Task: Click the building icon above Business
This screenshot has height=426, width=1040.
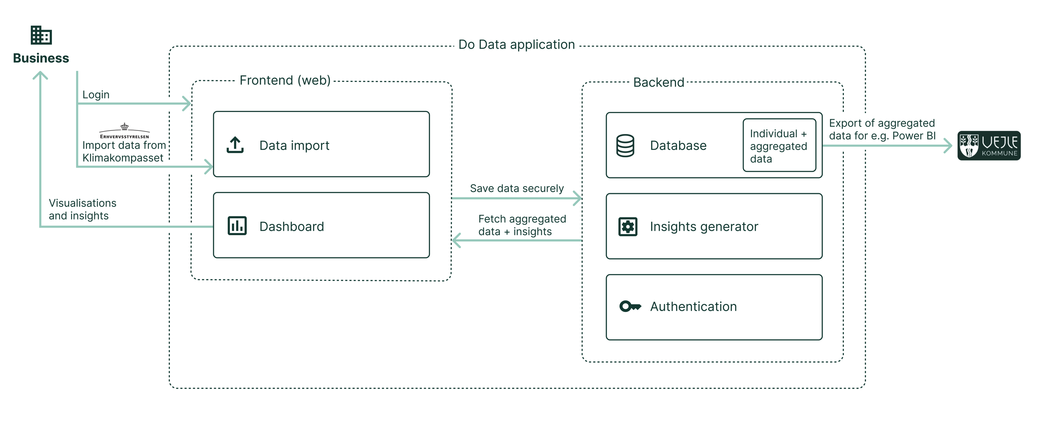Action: [41, 35]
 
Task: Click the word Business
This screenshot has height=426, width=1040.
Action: [41, 58]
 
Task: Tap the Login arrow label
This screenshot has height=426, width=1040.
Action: [96, 94]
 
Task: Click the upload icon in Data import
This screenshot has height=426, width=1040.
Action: [235, 145]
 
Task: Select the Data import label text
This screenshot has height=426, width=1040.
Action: [294, 145]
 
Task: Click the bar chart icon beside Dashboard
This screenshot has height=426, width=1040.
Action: [237, 226]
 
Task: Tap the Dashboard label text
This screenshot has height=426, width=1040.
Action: [292, 226]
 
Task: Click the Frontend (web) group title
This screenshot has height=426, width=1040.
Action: [285, 80]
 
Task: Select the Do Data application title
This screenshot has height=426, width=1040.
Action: [516, 44]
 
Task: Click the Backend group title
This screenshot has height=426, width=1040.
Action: [658, 82]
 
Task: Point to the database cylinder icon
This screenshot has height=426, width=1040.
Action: [625, 146]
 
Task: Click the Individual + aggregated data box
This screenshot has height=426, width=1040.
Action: [779, 146]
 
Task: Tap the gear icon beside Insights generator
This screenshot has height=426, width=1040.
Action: [628, 226]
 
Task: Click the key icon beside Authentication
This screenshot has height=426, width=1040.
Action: [630, 306]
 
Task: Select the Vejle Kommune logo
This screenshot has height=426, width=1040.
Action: [989, 146]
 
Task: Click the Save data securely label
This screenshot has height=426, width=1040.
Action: [516, 188]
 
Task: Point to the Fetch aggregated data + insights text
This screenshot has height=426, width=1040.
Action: [522, 225]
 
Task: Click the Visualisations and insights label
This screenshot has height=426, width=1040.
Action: [82, 209]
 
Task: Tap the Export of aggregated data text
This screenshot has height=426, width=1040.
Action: [882, 129]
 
